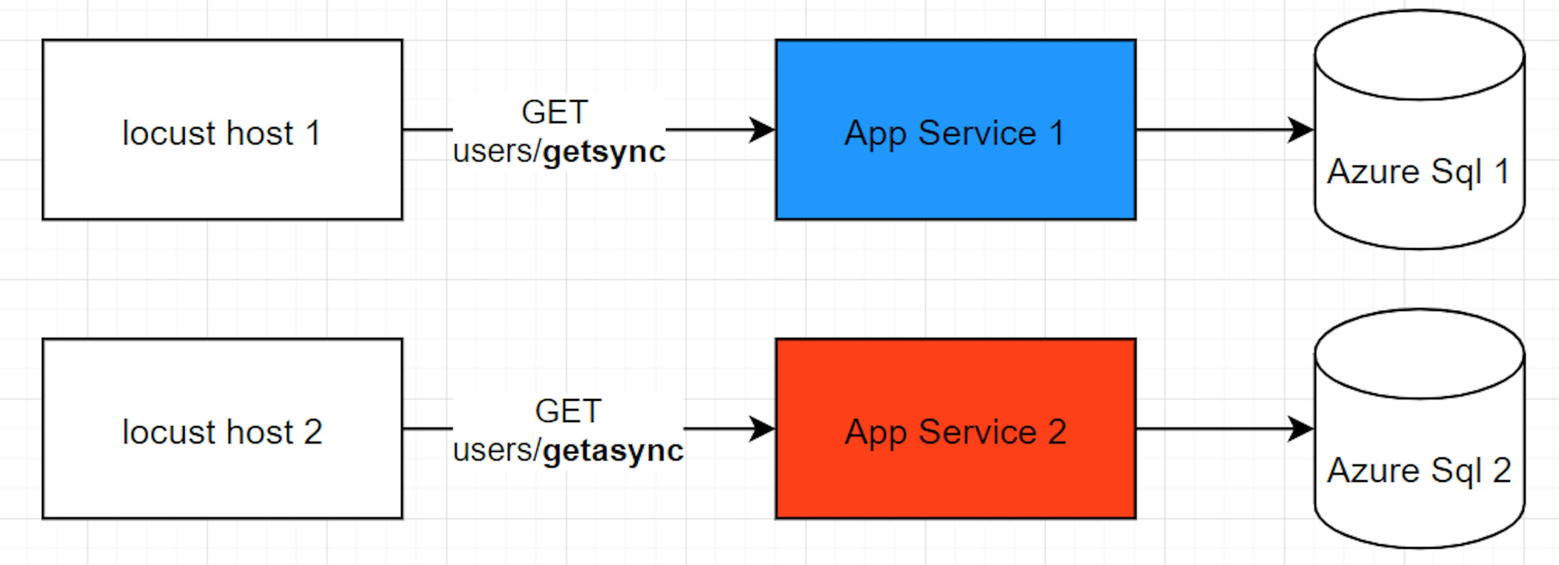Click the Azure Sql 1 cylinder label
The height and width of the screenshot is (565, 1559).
pos(1418,172)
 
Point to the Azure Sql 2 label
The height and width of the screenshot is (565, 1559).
pos(1418,470)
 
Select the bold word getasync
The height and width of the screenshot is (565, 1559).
pos(613,451)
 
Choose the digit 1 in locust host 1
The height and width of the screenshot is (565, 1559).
pos(313,133)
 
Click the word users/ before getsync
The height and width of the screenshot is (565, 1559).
pos(496,151)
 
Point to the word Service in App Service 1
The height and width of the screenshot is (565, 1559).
pos(977,133)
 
